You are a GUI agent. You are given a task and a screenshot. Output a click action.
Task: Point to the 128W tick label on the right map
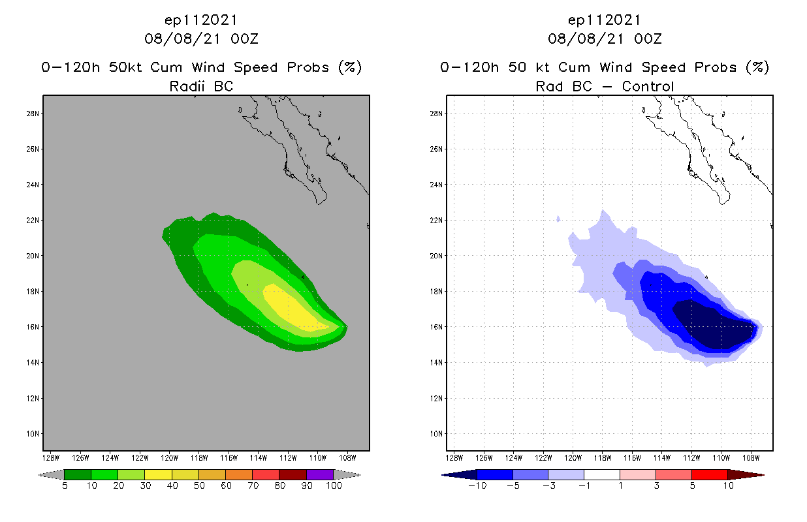click(x=454, y=457)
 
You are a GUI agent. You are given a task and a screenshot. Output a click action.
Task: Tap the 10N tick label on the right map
click(x=436, y=433)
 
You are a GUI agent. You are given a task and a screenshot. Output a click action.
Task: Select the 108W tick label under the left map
click(x=347, y=457)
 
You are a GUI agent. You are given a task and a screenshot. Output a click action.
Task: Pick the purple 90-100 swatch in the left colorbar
click(x=320, y=474)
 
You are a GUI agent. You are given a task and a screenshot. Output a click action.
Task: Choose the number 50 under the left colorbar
click(x=198, y=485)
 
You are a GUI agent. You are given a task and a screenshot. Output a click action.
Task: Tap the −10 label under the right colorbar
click(x=476, y=485)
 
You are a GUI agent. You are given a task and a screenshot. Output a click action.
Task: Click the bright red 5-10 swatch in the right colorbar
click(x=709, y=474)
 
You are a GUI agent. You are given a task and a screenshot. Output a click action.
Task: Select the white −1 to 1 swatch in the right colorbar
click(x=601, y=474)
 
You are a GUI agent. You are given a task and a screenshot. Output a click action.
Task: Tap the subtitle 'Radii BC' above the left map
click(x=201, y=86)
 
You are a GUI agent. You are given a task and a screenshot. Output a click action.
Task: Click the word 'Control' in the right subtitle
click(x=648, y=86)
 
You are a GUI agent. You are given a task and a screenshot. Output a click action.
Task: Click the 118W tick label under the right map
click(x=603, y=457)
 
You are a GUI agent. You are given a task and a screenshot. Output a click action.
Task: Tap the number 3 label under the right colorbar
click(x=656, y=485)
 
